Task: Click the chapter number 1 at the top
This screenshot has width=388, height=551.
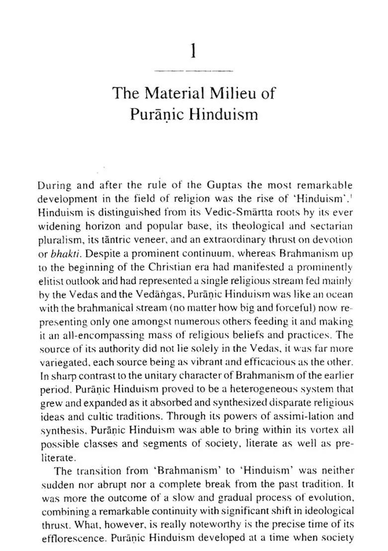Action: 194,51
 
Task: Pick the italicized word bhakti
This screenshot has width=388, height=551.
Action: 62,253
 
